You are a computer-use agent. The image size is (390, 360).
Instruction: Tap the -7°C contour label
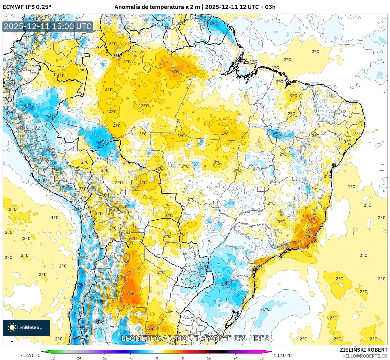81,285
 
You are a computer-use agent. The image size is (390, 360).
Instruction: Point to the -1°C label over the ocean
265,309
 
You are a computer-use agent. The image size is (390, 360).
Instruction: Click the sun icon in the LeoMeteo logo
12,327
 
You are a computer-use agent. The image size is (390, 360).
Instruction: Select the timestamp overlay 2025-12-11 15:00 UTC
48,26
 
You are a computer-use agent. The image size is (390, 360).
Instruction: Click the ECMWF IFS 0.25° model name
27,7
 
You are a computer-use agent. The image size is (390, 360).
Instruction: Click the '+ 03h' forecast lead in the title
268,7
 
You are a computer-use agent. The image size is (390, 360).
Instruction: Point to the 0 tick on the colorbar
157,358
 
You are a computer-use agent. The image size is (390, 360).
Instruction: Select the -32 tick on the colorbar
51,358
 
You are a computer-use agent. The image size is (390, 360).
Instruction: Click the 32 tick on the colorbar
261,358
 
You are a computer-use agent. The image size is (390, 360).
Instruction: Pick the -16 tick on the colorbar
104,358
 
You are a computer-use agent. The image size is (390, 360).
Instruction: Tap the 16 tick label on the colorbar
209,358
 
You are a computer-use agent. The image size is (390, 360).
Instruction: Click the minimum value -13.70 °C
30,355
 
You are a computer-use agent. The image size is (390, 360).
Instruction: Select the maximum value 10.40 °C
283,355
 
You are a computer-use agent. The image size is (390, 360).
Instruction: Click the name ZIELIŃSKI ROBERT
363,350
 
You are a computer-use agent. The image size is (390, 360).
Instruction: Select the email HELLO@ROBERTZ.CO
365,356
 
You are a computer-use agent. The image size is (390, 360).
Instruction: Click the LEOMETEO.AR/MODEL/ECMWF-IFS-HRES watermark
195,338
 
